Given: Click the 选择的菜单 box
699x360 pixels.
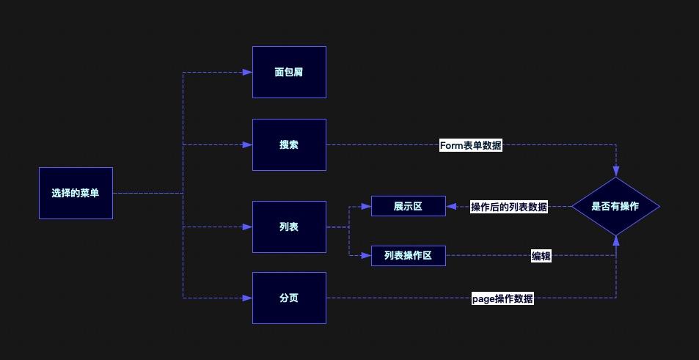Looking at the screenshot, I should coord(76,193).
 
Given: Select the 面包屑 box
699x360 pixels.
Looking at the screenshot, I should coord(289,73).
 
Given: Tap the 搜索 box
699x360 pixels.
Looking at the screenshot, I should coord(289,145).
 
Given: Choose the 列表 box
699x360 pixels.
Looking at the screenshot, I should coord(289,227).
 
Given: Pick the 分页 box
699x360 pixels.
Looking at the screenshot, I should coord(289,298).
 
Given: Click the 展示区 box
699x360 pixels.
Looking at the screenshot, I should coord(408,207).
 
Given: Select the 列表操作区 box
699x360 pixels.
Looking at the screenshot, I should coord(408,256).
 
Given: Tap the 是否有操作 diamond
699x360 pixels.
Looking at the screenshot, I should coord(615,207).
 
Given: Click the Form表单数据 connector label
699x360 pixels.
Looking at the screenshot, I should coord(471,145).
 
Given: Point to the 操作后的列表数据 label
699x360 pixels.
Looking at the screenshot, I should coord(509,207).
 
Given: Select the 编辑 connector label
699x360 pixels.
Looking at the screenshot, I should coord(541,256).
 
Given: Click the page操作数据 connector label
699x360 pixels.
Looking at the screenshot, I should coord(503,298).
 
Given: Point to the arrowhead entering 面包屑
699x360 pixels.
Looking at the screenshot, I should coord(248,73).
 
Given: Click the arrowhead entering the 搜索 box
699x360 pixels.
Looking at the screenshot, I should coord(248,145).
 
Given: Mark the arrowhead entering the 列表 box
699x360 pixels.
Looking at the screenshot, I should coord(248,227).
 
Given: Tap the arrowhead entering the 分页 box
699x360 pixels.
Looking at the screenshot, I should coord(248,298).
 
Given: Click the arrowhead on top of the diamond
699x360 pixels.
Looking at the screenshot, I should coord(615,172).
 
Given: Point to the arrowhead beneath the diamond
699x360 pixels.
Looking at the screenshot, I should coord(615,240).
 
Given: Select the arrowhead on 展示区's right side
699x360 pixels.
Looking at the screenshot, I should coord(450,207).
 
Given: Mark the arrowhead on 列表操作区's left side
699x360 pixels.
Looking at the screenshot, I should coord(367,256).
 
